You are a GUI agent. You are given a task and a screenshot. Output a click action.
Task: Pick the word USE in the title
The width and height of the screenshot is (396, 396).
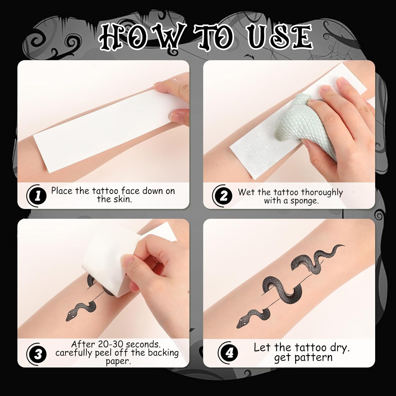click(x=280, y=37)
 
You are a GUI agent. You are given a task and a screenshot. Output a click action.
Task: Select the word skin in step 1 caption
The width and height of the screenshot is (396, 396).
click(x=123, y=199)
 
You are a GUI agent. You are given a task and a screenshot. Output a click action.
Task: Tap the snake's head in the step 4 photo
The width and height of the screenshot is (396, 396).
click(x=242, y=323)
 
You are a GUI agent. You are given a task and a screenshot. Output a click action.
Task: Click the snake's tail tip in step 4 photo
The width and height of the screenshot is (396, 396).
click(x=344, y=245)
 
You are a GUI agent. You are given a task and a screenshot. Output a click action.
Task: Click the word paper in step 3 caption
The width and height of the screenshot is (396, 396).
click(x=118, y=361)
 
